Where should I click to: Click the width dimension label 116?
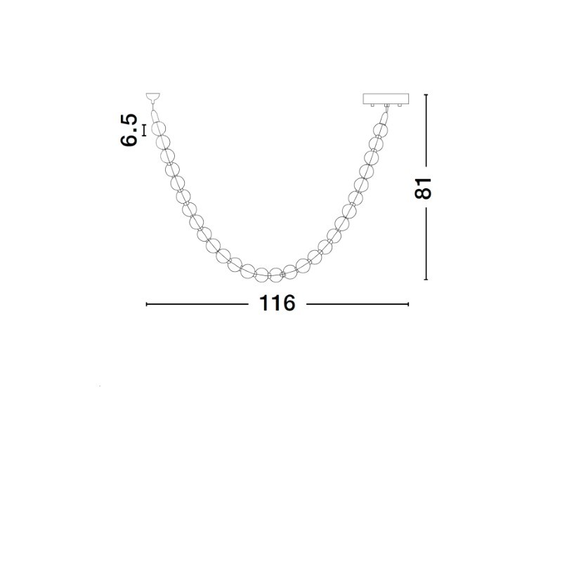tap(277, 303)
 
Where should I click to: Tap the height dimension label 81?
tap(423, 188)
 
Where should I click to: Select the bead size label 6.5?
tap(129, 130)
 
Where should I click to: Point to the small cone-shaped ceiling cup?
tap(153, 97)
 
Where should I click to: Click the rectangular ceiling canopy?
tap(386, 98)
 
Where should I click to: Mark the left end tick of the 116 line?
tap(147, 304)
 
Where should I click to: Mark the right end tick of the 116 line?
tap(408, 304)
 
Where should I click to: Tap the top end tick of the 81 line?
tap(426, 95)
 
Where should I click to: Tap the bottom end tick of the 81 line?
tap(426, 279)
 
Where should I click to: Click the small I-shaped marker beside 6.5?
tap(144, 131)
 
